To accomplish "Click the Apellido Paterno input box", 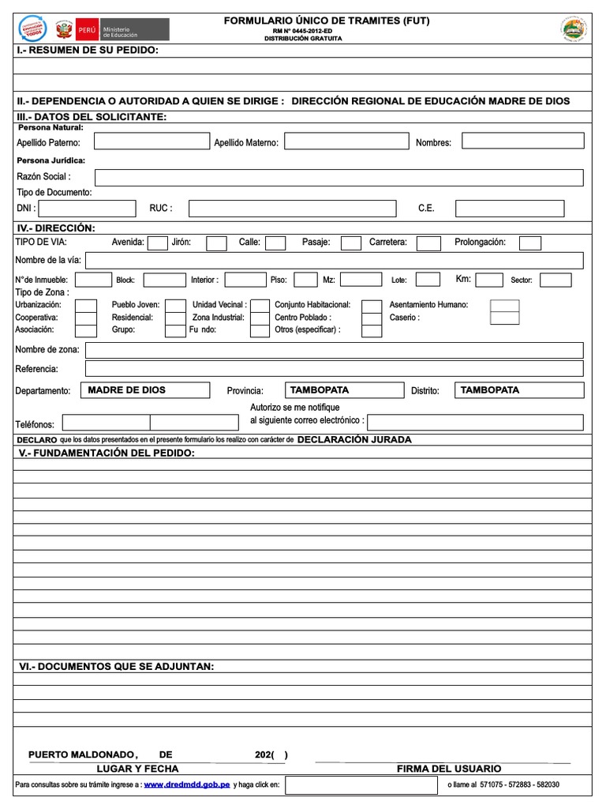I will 151,141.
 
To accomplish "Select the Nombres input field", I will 522,141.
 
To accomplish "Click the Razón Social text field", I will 339,177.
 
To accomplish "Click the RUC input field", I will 292,209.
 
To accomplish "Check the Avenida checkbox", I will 158,243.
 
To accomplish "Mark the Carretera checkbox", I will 428,243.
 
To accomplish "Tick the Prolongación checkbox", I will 530,243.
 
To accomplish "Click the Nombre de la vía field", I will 334,261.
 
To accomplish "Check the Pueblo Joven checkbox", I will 174,305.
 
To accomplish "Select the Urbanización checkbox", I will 86,305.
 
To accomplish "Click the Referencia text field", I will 334,368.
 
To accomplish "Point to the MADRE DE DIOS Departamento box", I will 147,390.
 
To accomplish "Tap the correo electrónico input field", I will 475,421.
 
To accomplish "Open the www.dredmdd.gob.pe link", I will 186,785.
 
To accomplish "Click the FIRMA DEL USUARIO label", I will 448,769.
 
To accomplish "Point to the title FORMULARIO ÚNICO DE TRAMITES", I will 327,21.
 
